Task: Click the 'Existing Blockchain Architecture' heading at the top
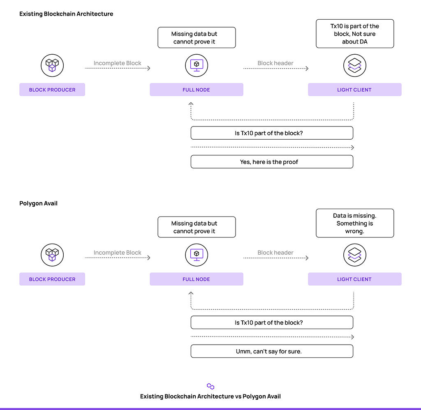[66, 14]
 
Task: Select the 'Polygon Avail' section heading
[38, 203]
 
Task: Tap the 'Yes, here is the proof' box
[272, 162]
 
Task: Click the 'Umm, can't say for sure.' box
[272, 351]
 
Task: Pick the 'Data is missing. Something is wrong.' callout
[355, 223]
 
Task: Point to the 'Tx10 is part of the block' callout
[355, 34]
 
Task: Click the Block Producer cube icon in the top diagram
[52, 65]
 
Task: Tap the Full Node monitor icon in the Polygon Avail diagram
[197, 255]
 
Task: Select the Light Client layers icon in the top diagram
[355, 65]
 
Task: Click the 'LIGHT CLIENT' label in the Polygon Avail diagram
[354, 279]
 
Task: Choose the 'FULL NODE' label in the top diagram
[196, 90]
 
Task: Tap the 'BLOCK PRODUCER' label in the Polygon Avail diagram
[52, 279]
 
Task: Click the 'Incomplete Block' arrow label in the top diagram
[117, 63]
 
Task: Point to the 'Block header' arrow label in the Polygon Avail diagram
[275, 253]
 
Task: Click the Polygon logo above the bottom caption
[210, 387]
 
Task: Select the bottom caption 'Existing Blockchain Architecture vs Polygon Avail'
[210, 396]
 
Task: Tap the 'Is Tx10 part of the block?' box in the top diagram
[272, 133]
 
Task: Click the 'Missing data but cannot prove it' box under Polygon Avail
[197, 227]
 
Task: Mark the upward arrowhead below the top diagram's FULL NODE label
[191, 103]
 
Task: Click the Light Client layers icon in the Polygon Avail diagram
[355, 255]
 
